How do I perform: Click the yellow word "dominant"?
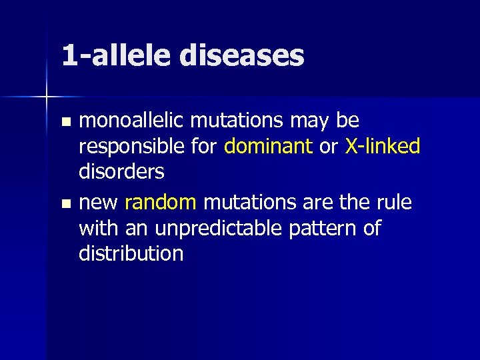pyautogui.click(x=269, y=146)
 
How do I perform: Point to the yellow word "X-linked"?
pyautogui.click(x=383, y=146)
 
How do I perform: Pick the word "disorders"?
pyautogui.click(x=121, y=171)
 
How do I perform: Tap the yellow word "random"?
pyautogui.click(x=161, y=202)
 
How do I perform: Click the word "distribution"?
pyautogui.click(x=131, y=253)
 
